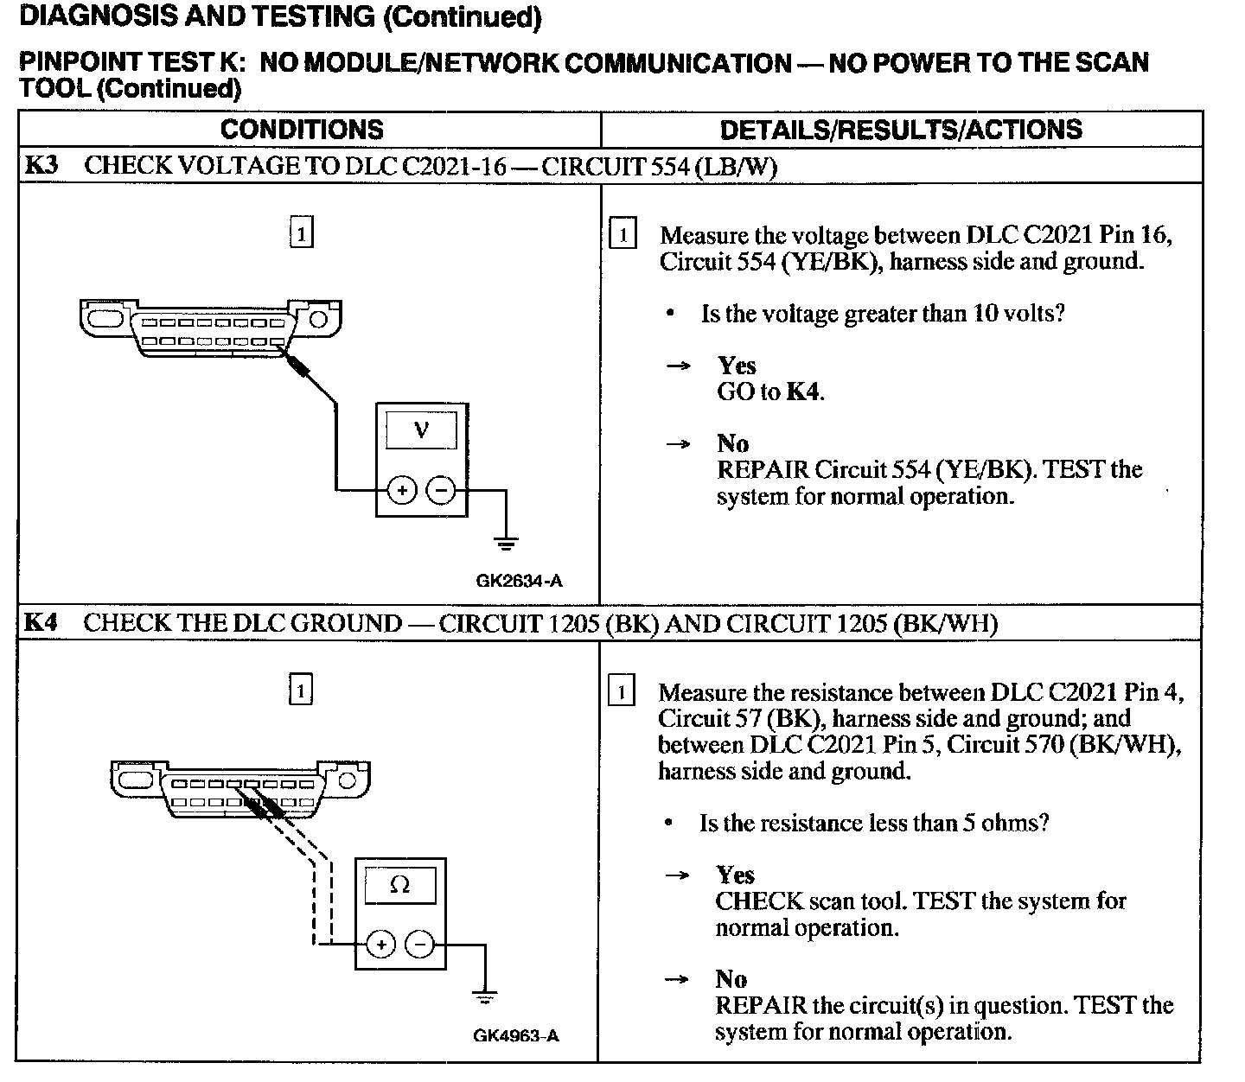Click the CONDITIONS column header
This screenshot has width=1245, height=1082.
pyautogui.click(x=302, y=130)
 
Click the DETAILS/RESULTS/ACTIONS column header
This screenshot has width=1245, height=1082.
pyautogui.click(x=901, y=130)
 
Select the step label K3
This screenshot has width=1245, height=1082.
pyautogui.click(x=41, y=166)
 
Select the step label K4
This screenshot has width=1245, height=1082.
pyautogui.click(x=41, y=623)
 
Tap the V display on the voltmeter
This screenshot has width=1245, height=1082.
pyautogui.click(x=421, y=430)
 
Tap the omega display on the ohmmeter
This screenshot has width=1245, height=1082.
pyautogui.click(x=400, y=885)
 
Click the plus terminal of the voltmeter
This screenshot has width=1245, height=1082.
pyautogui.click(x=401, y=491)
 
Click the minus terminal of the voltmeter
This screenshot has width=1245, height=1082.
pyautogui.click(x=441, y=491)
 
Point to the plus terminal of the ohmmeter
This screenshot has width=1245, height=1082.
pyautogui.click(x=380, y=945)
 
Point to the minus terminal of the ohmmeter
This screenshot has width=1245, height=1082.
pyautogui.click(x=420, y=945)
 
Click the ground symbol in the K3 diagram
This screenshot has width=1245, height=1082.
pyautogui.click(x=507, y=544)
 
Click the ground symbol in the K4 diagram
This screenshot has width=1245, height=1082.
pyautogui.click(x=485, y=997)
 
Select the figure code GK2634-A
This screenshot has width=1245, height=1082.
pyautogui.click(x=519, y=581)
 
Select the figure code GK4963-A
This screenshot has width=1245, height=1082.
pyautogui.click(x=516, y=1035)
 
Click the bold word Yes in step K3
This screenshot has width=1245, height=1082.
pyautogui.click(x=737, y=366)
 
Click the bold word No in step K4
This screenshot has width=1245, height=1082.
pyautogui.click(x=731, y=979)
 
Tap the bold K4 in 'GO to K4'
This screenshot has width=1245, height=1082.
pyautogui.click(x=804, y=392)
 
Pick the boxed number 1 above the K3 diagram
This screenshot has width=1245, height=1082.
pyautogui.click(x=301, y=234)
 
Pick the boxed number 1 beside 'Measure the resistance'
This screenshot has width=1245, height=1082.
pyautogui.click(x=622, y=692)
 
